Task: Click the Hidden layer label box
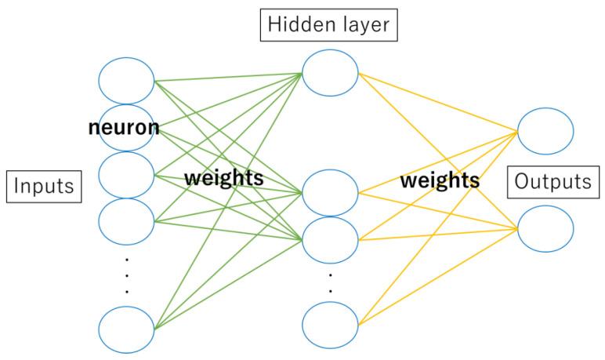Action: [x=328, y=25]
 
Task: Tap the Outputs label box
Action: [x=552, y=182]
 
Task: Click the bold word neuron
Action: [x=123, y=127]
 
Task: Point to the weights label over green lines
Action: [x=223, y=178]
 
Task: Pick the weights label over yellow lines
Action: [x=440, y=180]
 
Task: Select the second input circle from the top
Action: [x=127, y=114]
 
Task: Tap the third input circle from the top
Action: [x=127, y=174]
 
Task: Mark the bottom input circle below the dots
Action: [x=127, y=329]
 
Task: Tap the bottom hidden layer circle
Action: [x=330, y=323]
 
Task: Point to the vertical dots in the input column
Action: [x=127, y=275]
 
